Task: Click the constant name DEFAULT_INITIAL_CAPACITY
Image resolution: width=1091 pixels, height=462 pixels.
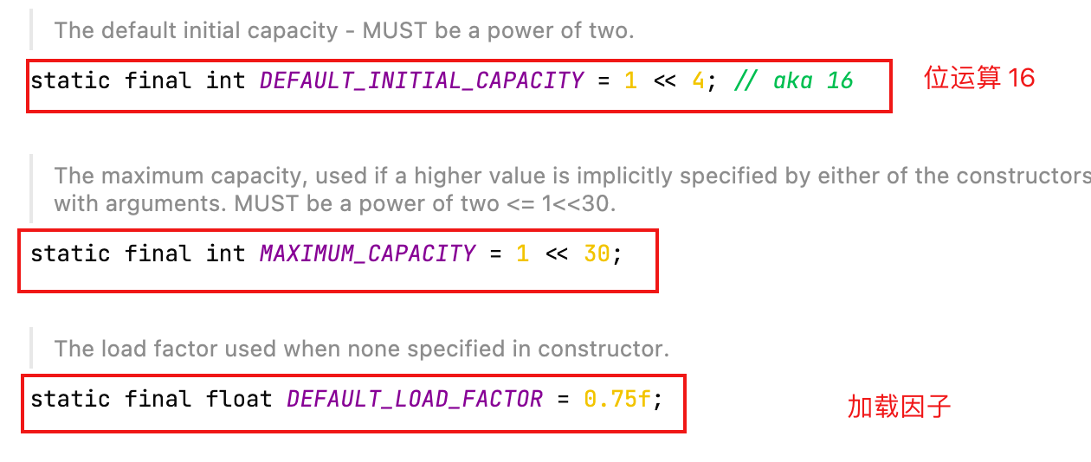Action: point(422,81)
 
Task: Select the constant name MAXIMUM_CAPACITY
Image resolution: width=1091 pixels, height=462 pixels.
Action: point(367,254)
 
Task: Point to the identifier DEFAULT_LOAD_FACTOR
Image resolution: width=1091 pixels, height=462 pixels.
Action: point(415,399)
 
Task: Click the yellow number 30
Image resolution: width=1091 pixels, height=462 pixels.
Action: point(597,254)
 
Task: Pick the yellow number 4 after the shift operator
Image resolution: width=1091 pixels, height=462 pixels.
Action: point(698,81)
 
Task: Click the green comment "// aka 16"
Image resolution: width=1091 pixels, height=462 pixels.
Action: point(793,81)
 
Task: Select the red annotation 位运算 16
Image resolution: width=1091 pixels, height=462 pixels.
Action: point(979,78)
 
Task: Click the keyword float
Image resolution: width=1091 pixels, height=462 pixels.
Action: point(239,399)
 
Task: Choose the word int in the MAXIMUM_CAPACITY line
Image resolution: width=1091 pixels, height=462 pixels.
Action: point(225,254)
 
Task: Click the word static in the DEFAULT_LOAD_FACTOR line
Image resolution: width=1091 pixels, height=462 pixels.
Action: point(70,399)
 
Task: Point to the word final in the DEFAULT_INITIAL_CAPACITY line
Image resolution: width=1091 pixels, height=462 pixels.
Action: point(158,81)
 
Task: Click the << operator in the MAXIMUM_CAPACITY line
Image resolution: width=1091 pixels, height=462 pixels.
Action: point(556,254)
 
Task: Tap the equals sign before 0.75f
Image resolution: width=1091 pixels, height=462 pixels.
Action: point(564,399)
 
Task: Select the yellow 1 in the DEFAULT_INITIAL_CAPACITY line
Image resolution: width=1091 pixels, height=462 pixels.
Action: point(630,81)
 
